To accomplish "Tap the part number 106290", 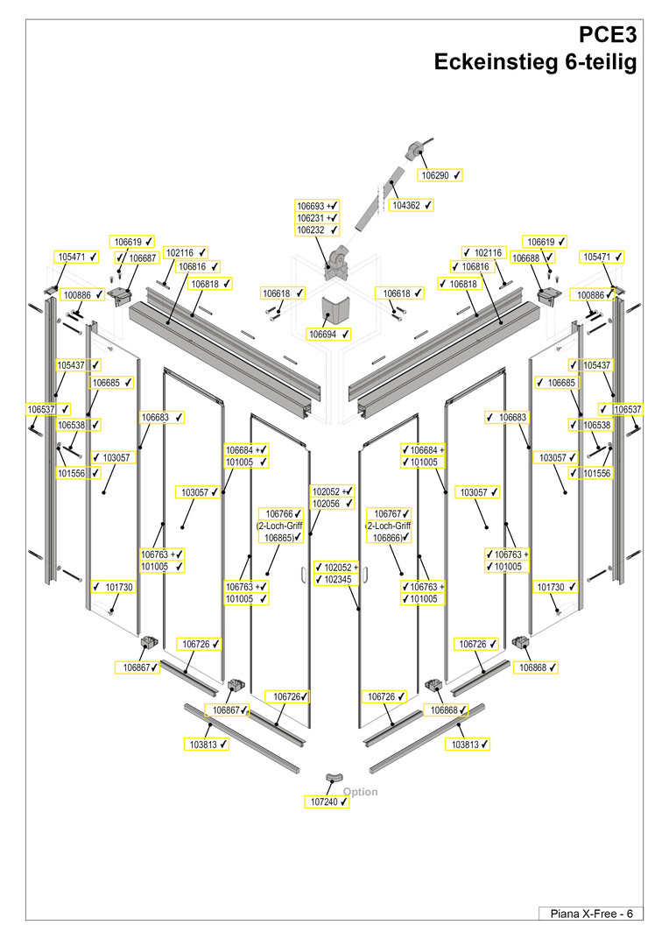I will (435, 175).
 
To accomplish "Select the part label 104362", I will (405, 205).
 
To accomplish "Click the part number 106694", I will (324, 334).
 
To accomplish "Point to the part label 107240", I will (323, 801).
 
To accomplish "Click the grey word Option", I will (361, 792).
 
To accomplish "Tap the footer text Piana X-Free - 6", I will (590, 914).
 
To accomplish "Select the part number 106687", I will (142, 258).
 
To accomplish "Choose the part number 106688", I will (526, 258).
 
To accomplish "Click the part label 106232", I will (311, 230).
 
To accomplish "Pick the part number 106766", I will (278, 513).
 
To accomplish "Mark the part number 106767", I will (388, 513).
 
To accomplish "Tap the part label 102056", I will (326, 504).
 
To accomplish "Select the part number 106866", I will (388, 537).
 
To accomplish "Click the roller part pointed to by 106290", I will (415, 149).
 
